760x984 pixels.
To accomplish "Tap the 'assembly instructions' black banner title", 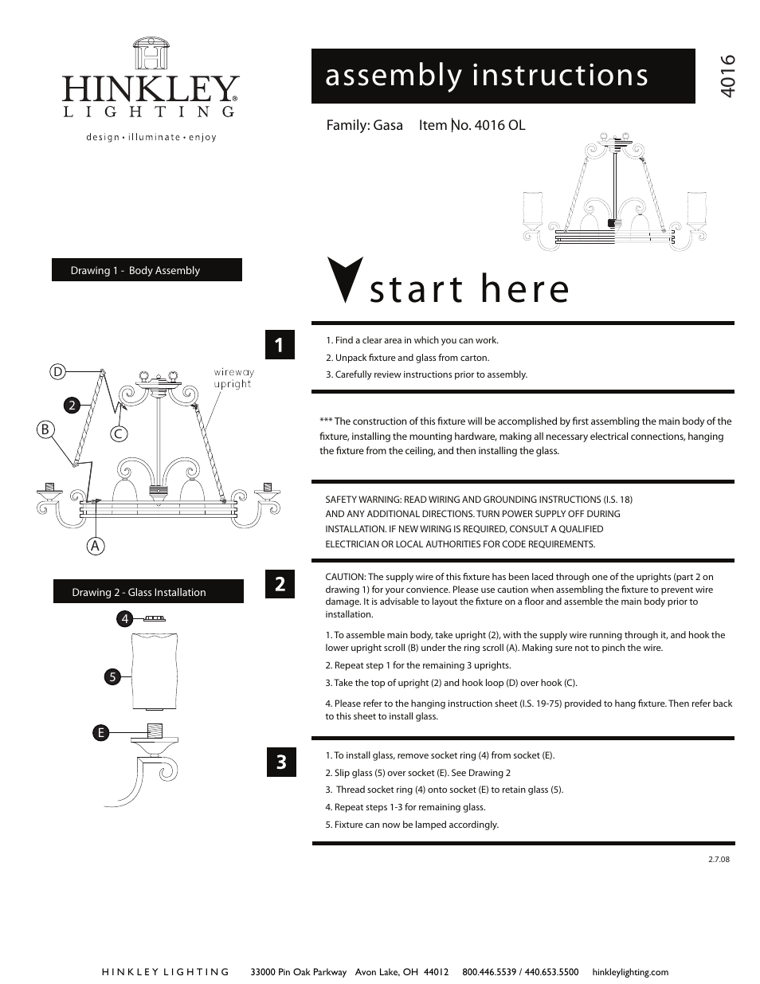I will [x=486, y=76].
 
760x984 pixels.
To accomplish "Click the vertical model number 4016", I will [x=727, y=76].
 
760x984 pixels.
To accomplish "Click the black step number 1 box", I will [x=280, y=345].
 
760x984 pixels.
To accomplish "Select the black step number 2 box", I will [x=280, y=584].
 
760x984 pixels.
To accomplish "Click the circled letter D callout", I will [x=57, y=371].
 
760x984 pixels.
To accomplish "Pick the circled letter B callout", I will [x=45, y=429].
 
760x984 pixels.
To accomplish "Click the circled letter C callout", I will [x=118, y=433].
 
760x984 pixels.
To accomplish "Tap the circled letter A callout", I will [x=96, y=546].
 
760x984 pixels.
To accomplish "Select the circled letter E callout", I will [x=100, y=733].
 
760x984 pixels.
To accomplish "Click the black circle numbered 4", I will [x=124, y=618].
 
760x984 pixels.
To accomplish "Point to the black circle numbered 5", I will [x=113, y=677].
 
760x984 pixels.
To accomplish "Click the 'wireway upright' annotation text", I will [x=233, y=378].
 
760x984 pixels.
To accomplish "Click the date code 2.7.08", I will [x=718, y=859].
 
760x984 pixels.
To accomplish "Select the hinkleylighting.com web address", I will [x=630, y=972].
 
